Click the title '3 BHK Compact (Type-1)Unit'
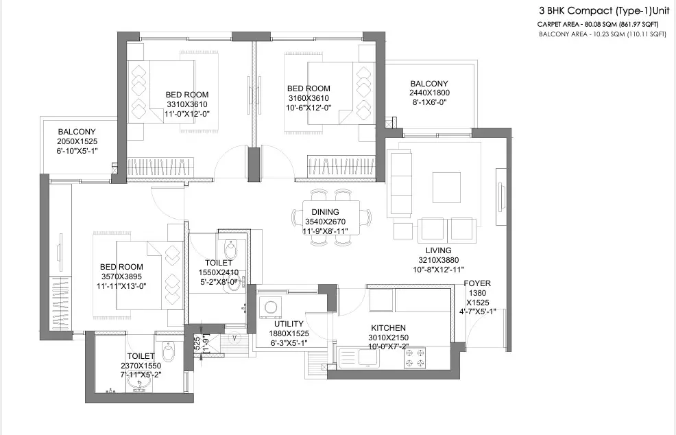pyautogui.click(x=602, y=11)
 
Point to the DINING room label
pyautogui.click(x=325, y=213)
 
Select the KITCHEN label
pyautogui.click(x=388, y=328)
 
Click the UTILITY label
pyautogui.click(x=289, y=324)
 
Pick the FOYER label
pyautogui.click(x=477, y=283)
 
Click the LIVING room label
pyautogui.click(x=438, y=250)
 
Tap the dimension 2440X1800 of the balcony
pyautogui.click(x=429, y=93)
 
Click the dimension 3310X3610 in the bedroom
pyautogui.click(x=187, y=104)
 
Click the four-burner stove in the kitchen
pyautogui.click(x=415, y=357)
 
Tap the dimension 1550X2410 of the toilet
pyautogui.click(x=218, y=272)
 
